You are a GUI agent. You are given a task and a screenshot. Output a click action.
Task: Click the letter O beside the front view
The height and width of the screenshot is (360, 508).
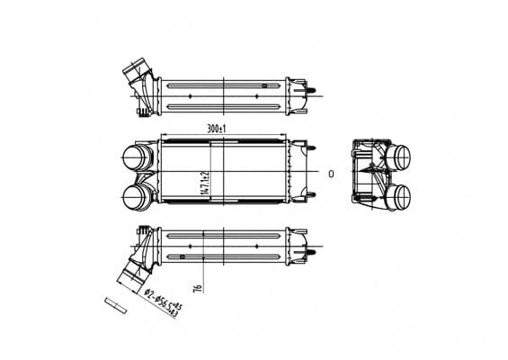click(331, 172)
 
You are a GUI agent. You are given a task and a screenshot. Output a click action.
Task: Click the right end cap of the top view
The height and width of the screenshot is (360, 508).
click(296, 94)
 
